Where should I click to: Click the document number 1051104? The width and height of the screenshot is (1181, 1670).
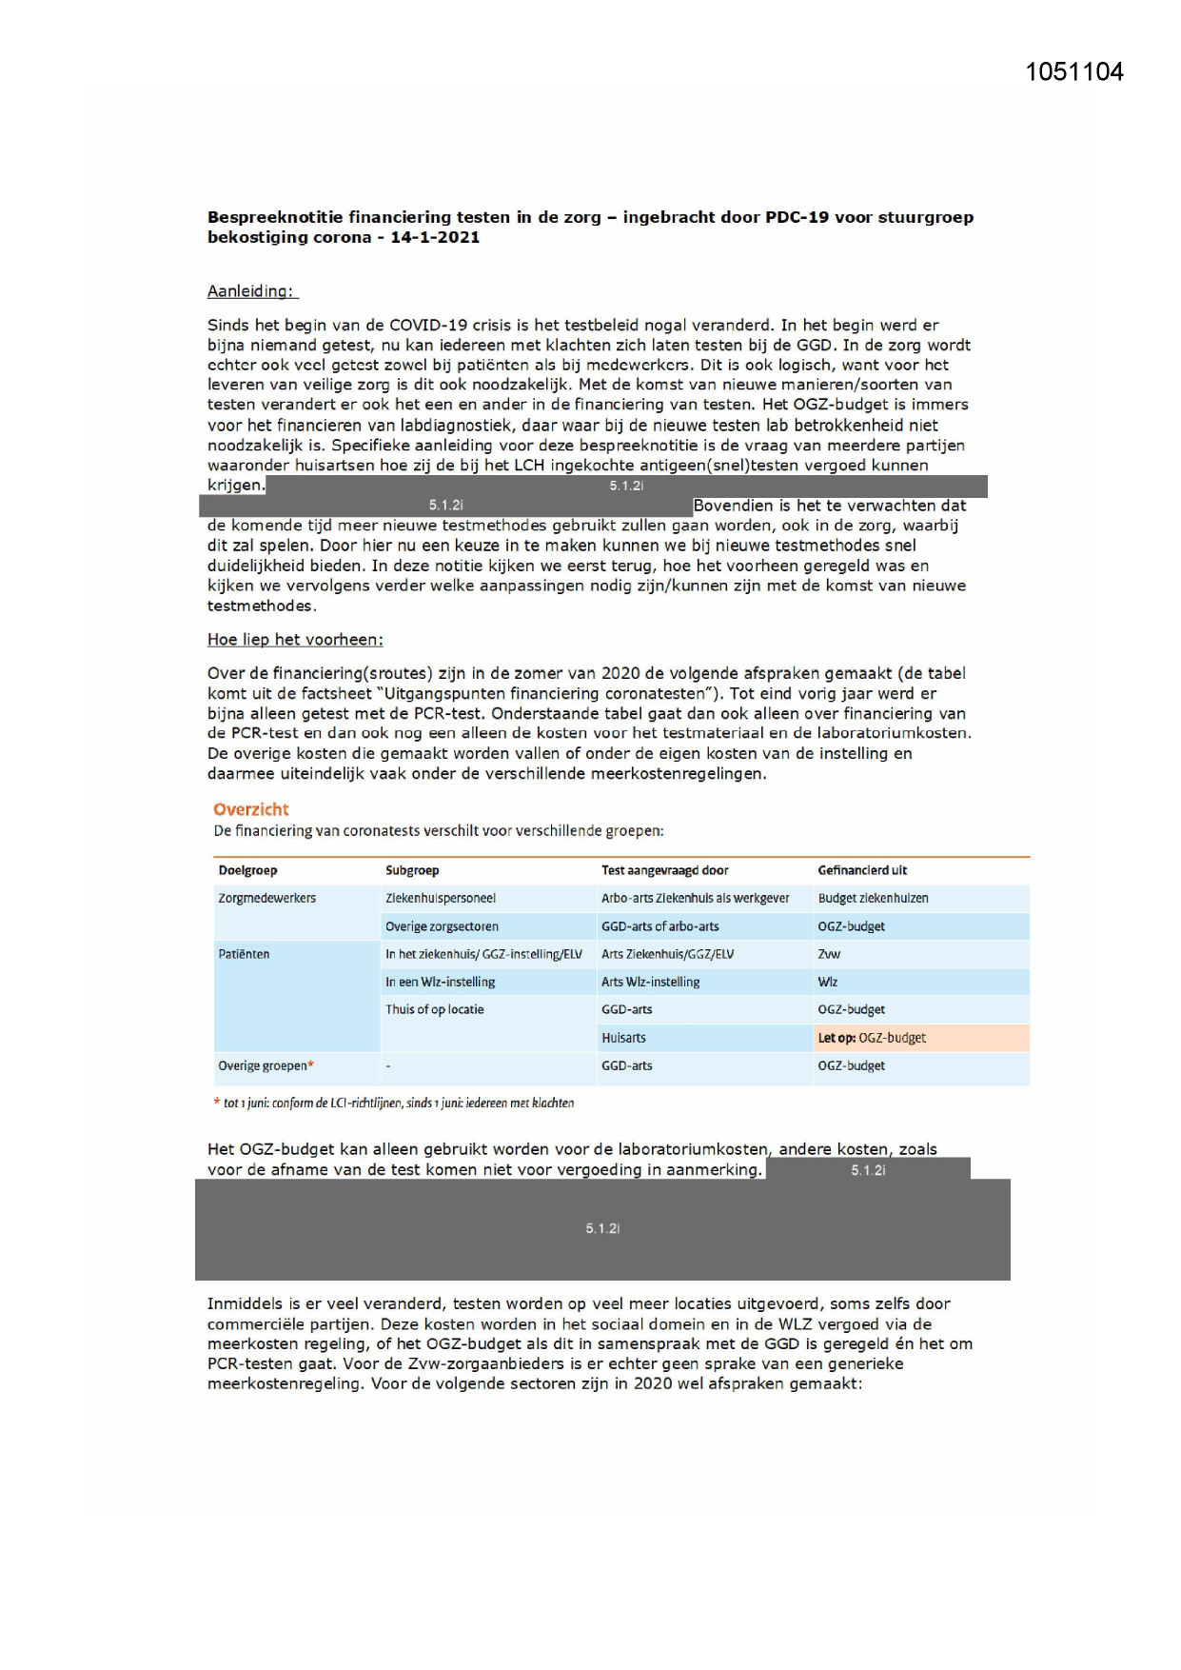[1073, 72]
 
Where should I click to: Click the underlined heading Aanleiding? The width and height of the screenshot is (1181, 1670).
[251, 291]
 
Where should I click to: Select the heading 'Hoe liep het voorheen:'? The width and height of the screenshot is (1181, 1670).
[295, 640]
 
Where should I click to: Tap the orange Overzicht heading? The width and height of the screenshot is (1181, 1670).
[251, 809]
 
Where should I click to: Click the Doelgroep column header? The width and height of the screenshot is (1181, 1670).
[247, 870]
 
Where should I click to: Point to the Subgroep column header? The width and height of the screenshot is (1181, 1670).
[412, 870]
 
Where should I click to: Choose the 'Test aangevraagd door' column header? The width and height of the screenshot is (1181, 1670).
[664, 870]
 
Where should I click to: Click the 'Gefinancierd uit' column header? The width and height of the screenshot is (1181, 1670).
[862, 870]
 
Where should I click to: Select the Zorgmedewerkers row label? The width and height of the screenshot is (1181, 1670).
[266, 898]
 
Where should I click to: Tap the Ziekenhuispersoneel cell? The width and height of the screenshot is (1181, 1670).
[441, 898]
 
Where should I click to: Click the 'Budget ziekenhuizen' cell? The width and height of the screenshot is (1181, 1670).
[873, 898]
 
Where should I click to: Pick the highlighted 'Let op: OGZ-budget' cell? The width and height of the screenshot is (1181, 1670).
[872, 1038]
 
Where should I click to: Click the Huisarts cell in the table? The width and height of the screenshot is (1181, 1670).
[623, 1038]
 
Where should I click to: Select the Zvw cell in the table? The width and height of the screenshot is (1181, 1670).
[829, 954]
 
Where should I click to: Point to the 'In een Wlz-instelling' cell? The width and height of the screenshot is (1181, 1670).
[440, 982]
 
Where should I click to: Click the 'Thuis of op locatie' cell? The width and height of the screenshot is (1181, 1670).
[434, 1009]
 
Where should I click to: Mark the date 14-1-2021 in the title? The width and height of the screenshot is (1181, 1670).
[435, 237]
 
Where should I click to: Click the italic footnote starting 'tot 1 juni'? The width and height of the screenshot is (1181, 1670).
[398, 1103]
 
